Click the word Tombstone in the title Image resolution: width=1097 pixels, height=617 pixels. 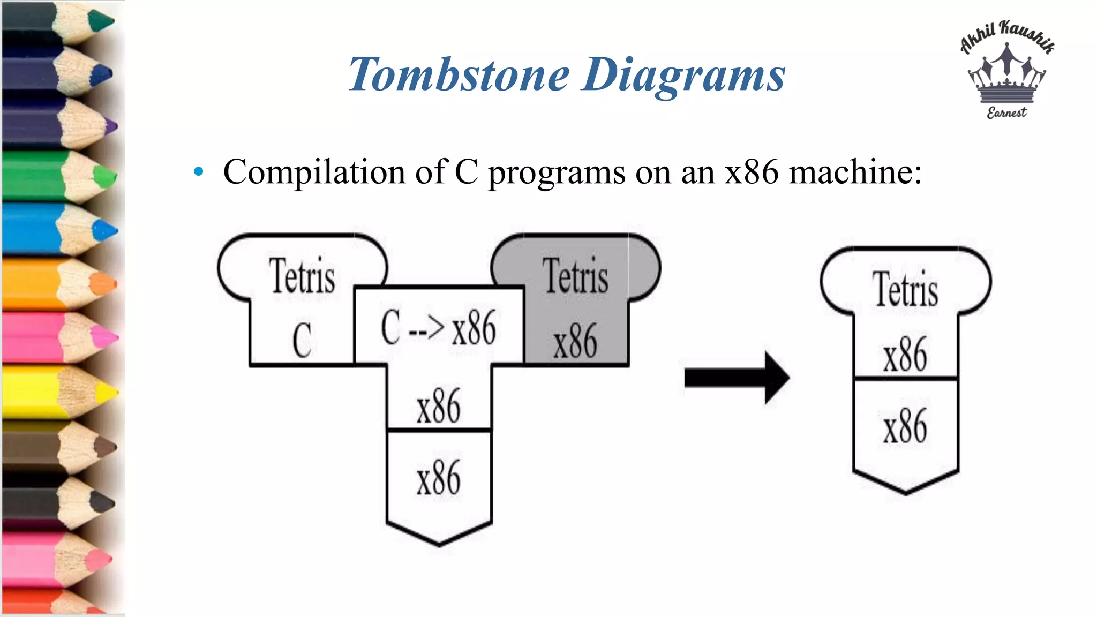pyautogui.click(x=459, y=75)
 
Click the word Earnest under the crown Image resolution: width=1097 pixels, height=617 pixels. pyautogui.click(x=1006, y=112)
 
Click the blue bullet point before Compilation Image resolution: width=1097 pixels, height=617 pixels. pyautogui.click(x=199, y=172)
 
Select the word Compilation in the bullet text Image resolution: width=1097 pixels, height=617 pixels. pyautogui.click(x=314, y=172)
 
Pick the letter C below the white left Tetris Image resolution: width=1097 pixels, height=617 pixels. pyautogui.click(x=302, y=341)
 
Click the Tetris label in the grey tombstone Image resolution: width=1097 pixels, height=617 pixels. pyautogui.click(x=576, y=276)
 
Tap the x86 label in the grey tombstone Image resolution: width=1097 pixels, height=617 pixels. pyautogui.click(x=575, y=342)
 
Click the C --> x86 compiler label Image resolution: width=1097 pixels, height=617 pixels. pyautogui.click(x=438, y=328)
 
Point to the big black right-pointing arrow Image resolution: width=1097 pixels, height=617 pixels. pyautogui.click(x=737, y=378)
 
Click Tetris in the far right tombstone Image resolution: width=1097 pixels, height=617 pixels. pyautogui.click(x=905, y=290)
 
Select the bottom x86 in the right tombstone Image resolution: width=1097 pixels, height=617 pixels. pyautogui.click(x=905, y=426)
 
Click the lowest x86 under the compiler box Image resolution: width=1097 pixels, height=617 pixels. pyautogui.click(x=438, y=478)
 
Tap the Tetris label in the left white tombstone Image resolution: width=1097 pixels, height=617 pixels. pyautogui.click(x=302, y=276)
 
